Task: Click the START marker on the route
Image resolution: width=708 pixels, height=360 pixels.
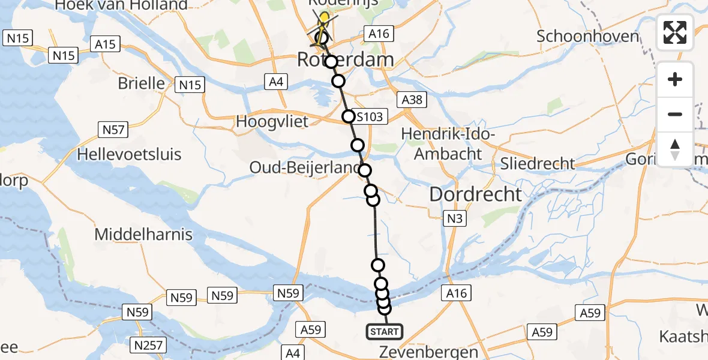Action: (x=384, y=331)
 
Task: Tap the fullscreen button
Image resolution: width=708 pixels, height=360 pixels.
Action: (x=675, y=32)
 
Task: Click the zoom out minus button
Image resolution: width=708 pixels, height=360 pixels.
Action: (x=675, y=114)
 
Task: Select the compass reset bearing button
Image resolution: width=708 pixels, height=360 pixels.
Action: (x=675, y=149)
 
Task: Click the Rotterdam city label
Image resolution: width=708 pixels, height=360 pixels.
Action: (x=346, y=59)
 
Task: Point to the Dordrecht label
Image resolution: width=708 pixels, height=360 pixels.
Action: (x=476, y=194)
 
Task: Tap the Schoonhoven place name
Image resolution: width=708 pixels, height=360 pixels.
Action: (x=587, y=36)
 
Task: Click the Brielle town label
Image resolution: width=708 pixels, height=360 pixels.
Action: (x=141, y=83)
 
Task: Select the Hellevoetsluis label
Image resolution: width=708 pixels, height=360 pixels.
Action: (x=129, y=155)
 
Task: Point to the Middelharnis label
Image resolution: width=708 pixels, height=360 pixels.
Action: (x=143, y=234)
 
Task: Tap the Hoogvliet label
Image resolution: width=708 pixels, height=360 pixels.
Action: (x=272, y=121)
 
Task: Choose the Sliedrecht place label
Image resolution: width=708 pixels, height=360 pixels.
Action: (x=538, y=163)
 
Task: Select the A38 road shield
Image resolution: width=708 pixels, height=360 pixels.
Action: (x=412, y=100)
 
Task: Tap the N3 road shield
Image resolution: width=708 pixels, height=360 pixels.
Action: (x=454, y=219)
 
